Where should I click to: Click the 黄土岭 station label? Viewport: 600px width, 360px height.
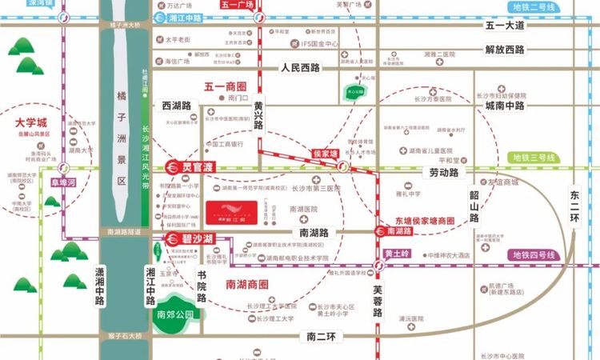coord(397,254)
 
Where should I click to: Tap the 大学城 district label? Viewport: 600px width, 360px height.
coord(32,122)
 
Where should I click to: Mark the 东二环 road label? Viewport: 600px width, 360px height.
coord(578,209)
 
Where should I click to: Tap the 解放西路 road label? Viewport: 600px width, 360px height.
coord(505,50)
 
